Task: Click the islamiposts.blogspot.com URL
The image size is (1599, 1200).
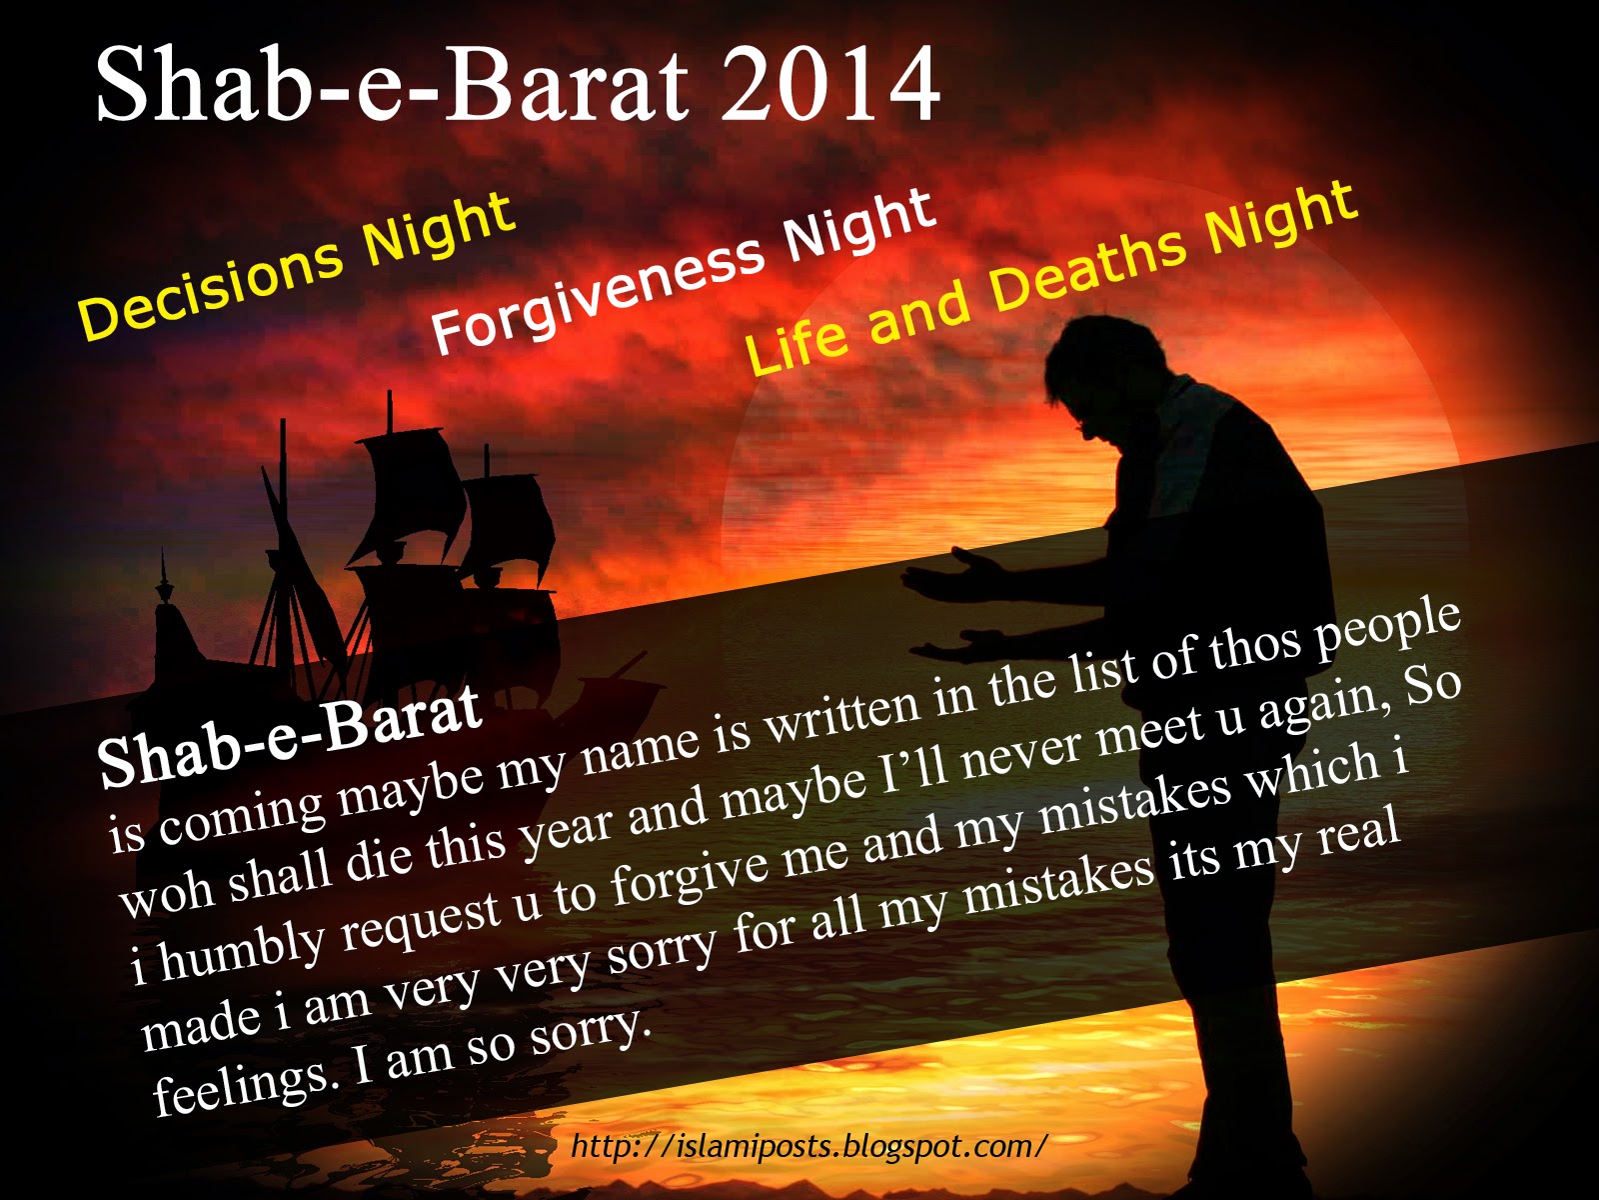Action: click(809, 1146)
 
